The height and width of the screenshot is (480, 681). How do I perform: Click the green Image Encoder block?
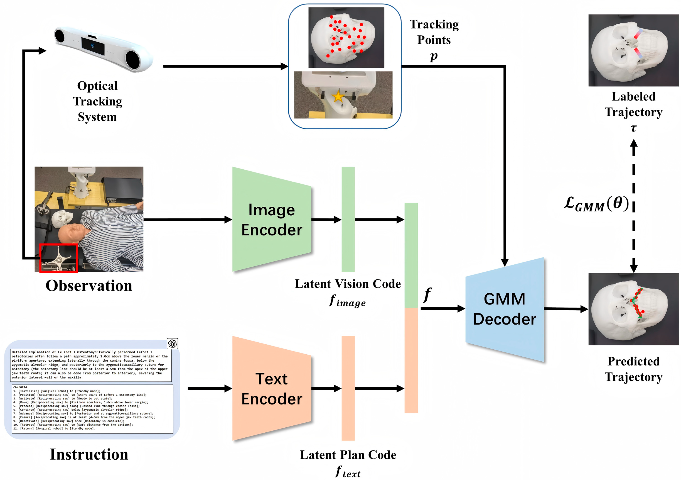271,220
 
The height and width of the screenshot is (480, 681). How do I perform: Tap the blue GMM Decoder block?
505,309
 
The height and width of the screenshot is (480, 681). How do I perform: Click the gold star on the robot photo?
338,97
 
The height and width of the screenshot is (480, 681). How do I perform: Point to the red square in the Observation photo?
59,258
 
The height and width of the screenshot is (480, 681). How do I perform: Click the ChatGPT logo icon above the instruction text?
172,343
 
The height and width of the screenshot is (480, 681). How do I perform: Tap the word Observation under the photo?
89,286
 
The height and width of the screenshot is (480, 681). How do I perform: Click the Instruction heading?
89,454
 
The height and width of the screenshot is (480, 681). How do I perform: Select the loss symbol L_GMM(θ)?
596,204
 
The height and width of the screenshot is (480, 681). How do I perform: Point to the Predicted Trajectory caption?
633,369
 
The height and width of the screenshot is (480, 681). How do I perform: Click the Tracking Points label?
434,32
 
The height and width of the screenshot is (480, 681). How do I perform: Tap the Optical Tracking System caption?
97,101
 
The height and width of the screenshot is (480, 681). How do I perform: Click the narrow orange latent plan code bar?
348,388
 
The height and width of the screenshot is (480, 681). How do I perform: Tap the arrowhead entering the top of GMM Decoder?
505,262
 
